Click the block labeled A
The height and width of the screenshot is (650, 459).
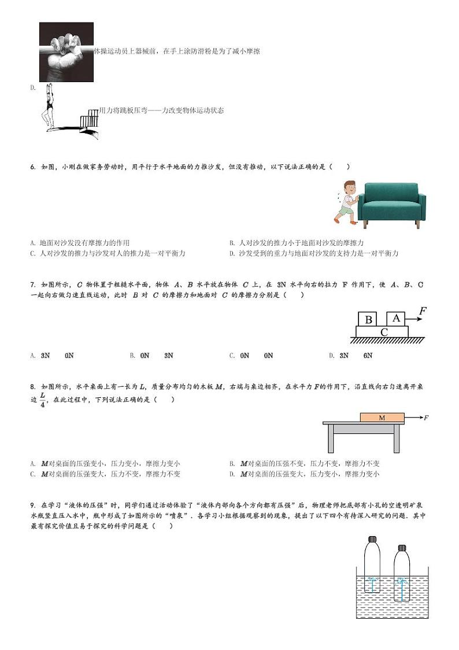point(396,318)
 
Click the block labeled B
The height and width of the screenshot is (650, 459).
point(368,319)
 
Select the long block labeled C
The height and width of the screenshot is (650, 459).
point(383,332)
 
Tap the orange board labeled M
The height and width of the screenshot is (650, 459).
point(382,417)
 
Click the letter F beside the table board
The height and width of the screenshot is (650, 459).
point(426,417)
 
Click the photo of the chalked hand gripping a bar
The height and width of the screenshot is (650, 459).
point(66,51)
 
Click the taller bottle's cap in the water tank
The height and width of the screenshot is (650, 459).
point(373,540)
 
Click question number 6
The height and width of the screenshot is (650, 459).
point(33,167)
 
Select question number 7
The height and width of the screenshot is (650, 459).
point(33,285)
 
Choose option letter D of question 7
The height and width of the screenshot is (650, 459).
point(331,356)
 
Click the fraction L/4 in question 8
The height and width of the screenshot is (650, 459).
point(42,400)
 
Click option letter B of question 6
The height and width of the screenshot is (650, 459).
point(231,243)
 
